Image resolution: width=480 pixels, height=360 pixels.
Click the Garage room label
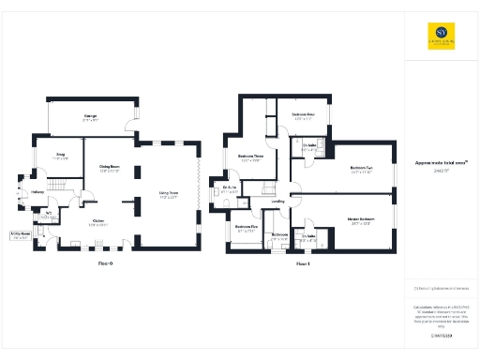click(91, 117)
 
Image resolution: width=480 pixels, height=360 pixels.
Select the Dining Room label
click(110, 169)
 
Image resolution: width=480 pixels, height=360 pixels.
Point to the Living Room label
click(168, 195)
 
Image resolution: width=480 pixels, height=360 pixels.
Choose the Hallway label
click(38, 192)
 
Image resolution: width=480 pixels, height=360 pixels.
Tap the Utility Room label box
click(20, 236)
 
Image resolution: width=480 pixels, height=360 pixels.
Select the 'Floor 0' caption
click(105, 263)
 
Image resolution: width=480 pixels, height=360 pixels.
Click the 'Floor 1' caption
click(303, 263)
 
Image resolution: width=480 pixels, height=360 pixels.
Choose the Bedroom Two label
click(362, 170)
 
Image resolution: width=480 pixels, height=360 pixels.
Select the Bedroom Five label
click(246, 228)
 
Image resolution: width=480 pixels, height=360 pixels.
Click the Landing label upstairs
click(278, 201)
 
